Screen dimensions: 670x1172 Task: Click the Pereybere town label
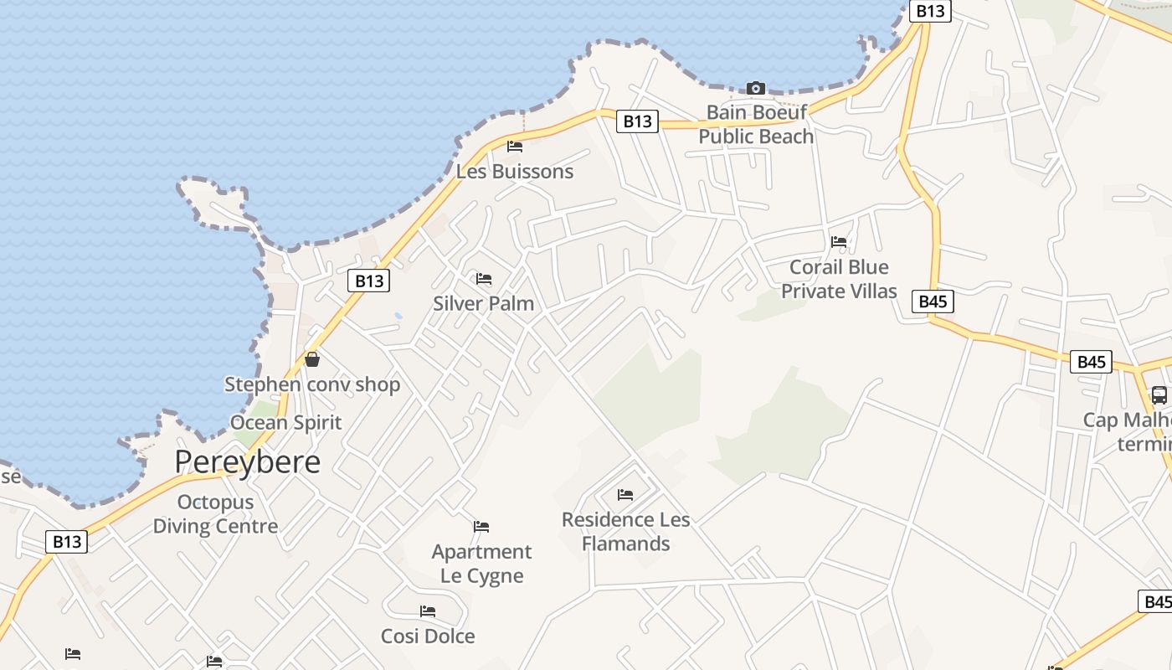247,461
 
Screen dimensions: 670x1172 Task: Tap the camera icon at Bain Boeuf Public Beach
756,88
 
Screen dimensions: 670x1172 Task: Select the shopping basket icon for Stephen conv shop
312,359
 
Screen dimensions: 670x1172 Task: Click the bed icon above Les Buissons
515,147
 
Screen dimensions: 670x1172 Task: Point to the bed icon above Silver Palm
484,279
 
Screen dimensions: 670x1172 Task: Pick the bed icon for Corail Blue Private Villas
839,242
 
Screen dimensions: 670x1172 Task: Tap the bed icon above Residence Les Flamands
625,495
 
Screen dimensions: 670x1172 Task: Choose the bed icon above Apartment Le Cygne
481,527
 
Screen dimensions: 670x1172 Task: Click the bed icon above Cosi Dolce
428,611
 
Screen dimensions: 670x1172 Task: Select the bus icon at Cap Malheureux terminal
1159,394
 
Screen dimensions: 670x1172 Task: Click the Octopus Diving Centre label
215,514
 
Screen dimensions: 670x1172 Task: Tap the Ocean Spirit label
286,422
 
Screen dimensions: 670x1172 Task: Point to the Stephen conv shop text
312,384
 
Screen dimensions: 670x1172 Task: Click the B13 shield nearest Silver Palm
369,281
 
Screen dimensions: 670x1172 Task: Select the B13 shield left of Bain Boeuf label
637,121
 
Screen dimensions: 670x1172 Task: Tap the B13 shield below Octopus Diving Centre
67,542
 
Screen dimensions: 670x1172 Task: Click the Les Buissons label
515,172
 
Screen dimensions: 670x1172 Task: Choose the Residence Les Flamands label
626,531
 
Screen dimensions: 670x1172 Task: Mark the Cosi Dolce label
428,636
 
